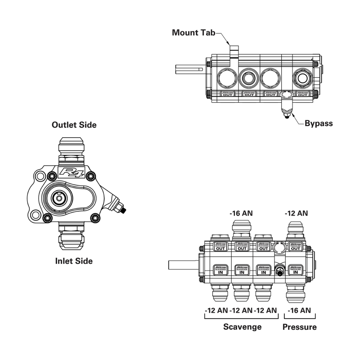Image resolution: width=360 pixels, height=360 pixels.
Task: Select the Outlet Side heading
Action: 74,125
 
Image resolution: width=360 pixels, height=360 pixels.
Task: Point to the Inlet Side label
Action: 73,261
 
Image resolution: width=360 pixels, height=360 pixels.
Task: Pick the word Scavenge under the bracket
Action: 242,327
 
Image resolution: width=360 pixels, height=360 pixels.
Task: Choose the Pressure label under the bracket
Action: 299,327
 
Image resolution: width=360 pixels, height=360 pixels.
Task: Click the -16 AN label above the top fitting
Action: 242,213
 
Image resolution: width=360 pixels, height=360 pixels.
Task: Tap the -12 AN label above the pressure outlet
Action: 297,213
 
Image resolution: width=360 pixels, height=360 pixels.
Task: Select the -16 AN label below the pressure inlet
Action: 298,310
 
